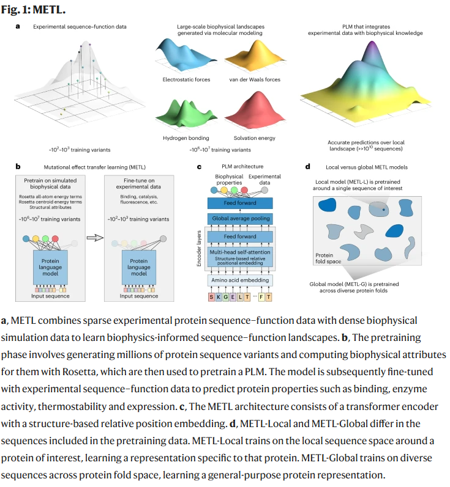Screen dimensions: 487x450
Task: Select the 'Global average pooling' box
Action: coord(240,218)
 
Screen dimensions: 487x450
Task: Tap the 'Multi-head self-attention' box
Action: coord(240,252)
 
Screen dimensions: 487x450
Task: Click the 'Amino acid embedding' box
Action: coord(240,280)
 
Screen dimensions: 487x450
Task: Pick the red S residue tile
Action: coord(212,297)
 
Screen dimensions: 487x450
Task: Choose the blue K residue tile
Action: coord(220,297)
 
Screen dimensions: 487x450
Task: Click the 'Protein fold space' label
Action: coord(324,258)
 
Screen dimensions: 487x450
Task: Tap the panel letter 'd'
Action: coord(307,166)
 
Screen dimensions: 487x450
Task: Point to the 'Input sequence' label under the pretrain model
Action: coord(51,296)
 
